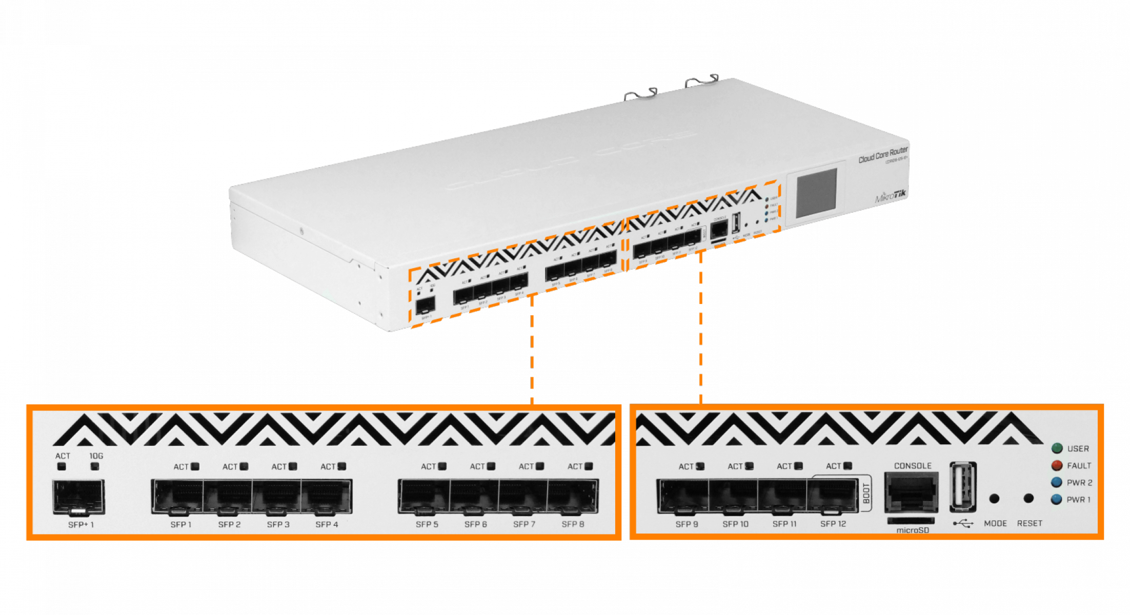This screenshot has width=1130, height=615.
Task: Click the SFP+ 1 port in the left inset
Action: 79,496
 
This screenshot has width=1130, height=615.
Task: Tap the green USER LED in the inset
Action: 1057,448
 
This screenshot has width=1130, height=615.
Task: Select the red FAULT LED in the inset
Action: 1057,465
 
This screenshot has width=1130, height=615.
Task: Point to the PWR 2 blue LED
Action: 1056,482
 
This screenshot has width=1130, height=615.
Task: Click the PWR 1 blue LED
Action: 1056,499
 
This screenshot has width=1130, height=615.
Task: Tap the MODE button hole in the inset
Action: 994,498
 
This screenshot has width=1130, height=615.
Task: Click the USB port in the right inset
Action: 963,486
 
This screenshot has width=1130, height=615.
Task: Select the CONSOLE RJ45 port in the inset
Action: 912,492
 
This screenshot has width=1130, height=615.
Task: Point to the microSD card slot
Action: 911,521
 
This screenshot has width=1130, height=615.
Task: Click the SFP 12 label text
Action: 833,524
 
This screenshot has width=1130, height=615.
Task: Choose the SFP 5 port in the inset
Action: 424,496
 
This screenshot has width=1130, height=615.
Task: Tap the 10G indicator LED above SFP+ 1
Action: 95,466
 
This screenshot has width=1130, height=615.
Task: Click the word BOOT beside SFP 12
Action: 866,493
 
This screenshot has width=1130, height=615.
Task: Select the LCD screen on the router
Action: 816,193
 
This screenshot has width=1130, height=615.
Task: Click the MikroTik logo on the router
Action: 891,196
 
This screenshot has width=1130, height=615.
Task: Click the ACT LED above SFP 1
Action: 195,466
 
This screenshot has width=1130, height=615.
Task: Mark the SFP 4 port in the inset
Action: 327,496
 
